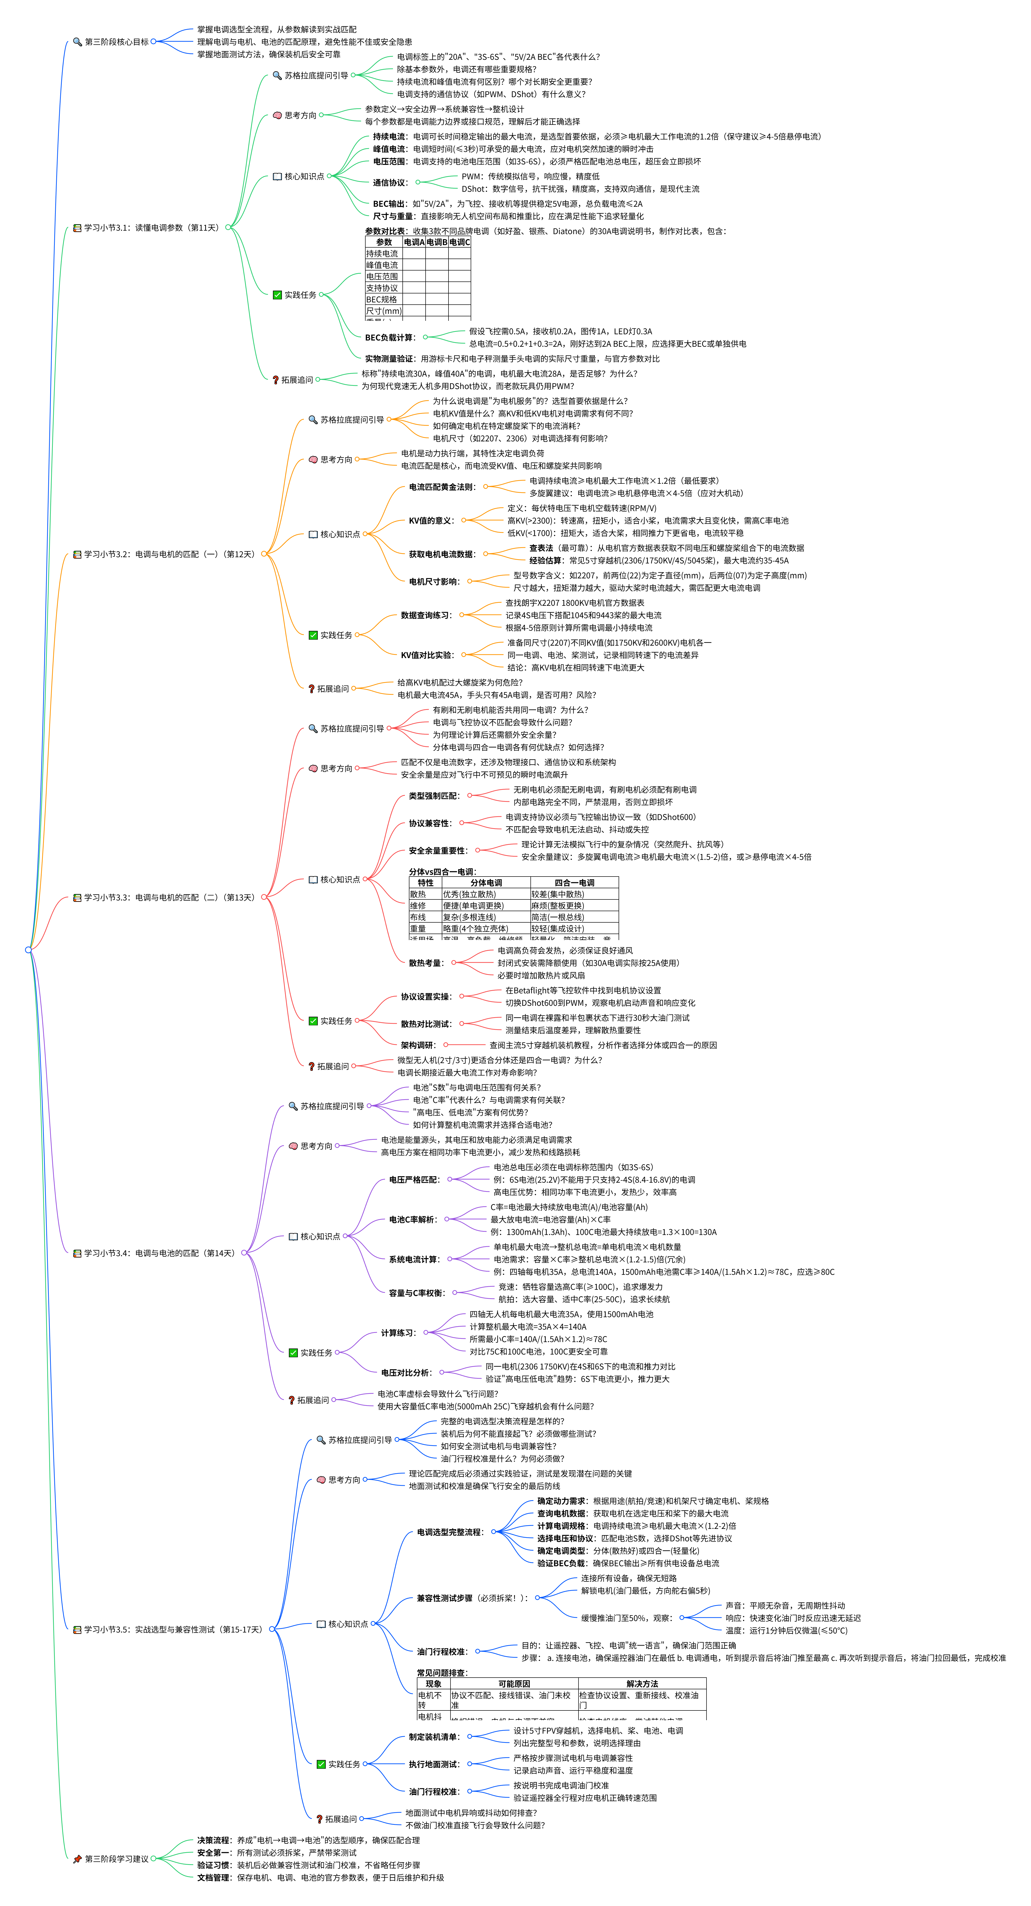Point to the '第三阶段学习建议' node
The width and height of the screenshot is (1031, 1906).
pyautogui.click(x=116, y=1859)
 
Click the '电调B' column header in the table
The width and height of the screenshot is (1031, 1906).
pyautogui.click(x=436, y=242)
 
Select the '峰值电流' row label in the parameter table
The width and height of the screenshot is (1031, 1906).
pyautogui.click(x=382, y=265)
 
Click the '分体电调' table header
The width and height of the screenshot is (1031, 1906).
pyautogui.click(x=486, y=883)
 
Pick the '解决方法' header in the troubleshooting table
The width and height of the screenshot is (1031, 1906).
pyautogui.click(x=641, y=1684)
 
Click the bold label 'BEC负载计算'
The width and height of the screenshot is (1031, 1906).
pyautogui.click(x=390, y=338)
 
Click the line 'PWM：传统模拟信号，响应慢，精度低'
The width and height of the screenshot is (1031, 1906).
pyautogui.click(x=530, y=176)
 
